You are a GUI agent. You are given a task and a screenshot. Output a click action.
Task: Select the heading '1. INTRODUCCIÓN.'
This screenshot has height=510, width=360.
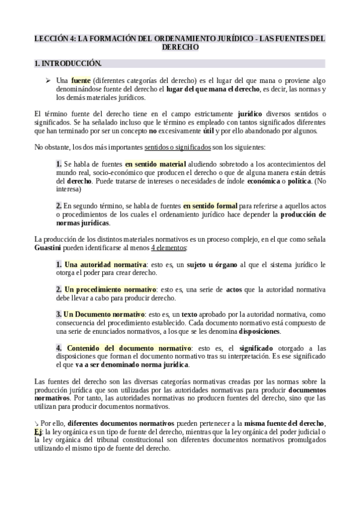(x=68, y=63)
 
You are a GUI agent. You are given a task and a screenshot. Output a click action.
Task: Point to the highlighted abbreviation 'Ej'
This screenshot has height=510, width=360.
(x=39, y=431)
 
